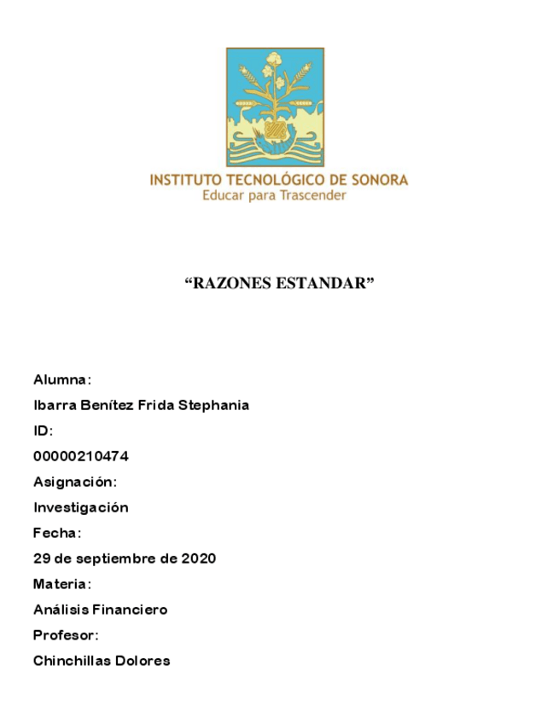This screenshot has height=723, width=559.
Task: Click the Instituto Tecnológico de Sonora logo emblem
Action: pyautogui.click(x=275, y=107)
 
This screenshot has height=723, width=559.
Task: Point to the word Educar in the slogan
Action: pyautogui.click(x=222, y=196)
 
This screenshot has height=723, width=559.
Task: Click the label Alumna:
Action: pyautogui.click(x=62, y=379)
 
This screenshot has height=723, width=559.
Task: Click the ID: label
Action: pyautogui.click(x=43, y=431)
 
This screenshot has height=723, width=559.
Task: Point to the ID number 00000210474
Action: pyautogui.click(x=80, y=456)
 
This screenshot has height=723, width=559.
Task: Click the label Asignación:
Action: pyautogui.click(x=75, y=482)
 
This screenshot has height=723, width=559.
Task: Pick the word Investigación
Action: pyautogui.click(x=80, y=507)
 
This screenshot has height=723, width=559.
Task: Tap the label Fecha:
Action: pyautogui.click(x=57, y=533)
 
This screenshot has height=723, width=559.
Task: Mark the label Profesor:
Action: pyautogui.click(x=66, y=635)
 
